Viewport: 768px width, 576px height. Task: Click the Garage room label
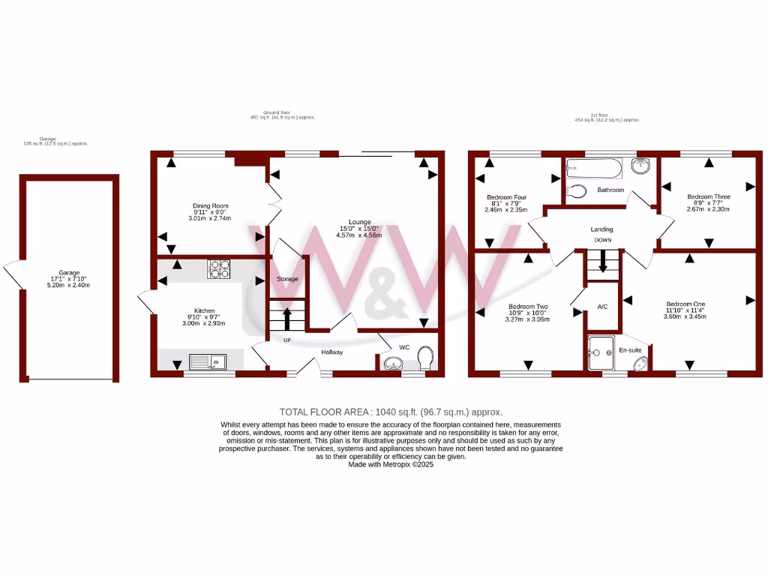pos(69,273)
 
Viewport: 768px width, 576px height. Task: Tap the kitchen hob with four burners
pos(218,268)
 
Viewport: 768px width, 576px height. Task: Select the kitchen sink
pos(208,361)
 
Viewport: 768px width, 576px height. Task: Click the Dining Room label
pos(210,205)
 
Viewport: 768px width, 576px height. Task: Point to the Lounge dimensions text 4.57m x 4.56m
pos(358,235)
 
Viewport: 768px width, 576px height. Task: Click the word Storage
pos(287,279)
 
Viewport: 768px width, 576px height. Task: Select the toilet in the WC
pos(426,358)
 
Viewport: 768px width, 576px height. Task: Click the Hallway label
pos(332,352)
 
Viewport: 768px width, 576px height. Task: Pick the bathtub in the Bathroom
pos(594,169)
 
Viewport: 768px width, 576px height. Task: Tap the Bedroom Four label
pos(506,197)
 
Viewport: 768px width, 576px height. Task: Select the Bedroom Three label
pos(708,197)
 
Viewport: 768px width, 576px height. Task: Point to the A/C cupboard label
pos(602,307)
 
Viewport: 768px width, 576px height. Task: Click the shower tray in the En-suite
pos(601,353)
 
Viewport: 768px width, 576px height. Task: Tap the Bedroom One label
pos(686,304)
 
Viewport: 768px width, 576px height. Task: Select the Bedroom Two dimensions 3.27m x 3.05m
pos(528,319)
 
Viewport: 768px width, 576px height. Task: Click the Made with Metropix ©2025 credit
pos(391,464)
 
